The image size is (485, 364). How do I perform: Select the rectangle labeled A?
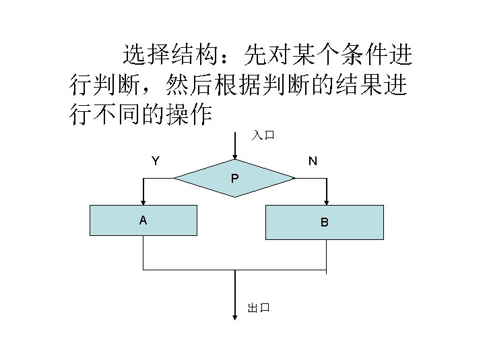[143, 220]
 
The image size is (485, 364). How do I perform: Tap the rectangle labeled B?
[324, 222]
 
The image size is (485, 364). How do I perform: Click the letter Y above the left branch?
[156, 161]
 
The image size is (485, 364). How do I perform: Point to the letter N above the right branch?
[313, 161]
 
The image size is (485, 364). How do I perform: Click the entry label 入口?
[263, 135]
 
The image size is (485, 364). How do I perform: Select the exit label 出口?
[259, 308]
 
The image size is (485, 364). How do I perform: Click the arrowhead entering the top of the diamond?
[234, 155]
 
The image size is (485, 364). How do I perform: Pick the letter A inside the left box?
[143, 220]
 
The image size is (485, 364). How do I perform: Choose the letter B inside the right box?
[324, 222]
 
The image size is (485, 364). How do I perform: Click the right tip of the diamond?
[294, 178]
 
